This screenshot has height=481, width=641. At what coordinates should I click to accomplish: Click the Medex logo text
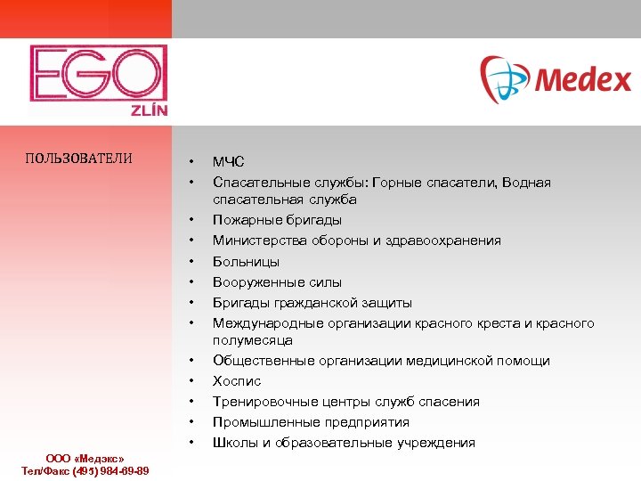582,81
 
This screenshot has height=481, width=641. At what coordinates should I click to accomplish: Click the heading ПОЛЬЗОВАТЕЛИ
79,159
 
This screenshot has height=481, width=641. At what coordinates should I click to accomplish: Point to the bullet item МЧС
228,162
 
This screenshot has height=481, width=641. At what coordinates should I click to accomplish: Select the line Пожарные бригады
277,220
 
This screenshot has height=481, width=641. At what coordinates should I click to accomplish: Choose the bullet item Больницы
246,262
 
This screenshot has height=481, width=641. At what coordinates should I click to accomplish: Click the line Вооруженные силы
277,282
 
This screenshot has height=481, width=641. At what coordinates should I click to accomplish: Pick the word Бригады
238,303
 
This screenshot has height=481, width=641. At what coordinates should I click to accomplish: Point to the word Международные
263,323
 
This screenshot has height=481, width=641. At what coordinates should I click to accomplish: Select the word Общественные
260,361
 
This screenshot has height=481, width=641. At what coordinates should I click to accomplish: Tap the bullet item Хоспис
237,381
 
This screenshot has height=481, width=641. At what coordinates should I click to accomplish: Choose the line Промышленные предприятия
311,422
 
